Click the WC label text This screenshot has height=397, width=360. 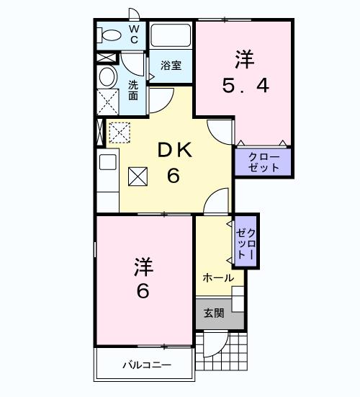click(x=134, y=34)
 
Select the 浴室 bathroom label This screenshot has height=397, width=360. click(x=171, y=65)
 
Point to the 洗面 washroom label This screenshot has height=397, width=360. click(x=133, y=89)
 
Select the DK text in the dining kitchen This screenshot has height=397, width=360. click(x=173, y=150)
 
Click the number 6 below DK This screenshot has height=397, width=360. click(x=173, y=175)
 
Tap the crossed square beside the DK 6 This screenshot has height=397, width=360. click(x=138, y=175)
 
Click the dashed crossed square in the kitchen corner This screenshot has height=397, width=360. click(x=118, y=131)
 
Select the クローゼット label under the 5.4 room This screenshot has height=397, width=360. click(x=264, y=162)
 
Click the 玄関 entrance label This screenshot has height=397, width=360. click(x=213, y=313)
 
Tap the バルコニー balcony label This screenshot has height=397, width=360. click(x=146, y=365)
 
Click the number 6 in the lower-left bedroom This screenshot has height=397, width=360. click(x=143, y=292)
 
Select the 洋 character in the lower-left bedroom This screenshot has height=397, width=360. click(x=143, y=267)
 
